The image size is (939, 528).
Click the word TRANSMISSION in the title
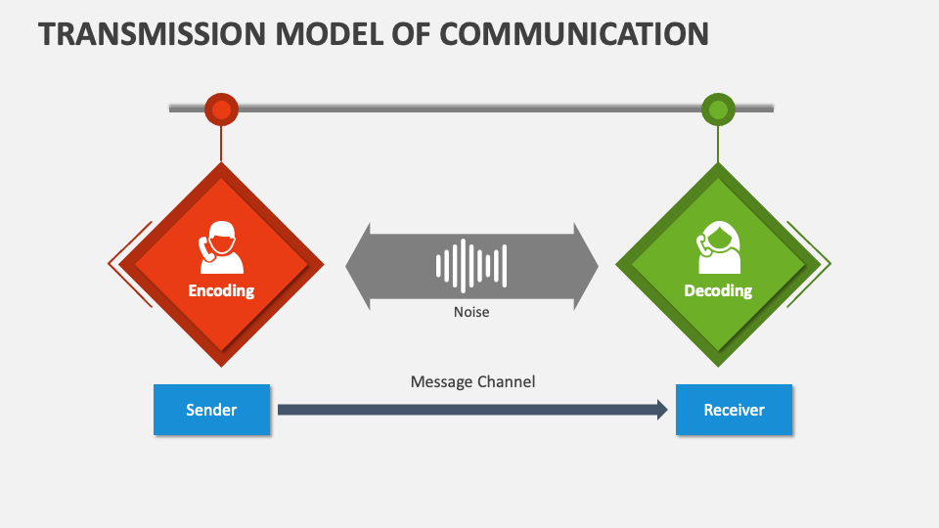pos(143,32)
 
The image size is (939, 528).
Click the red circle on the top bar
pos(221,110)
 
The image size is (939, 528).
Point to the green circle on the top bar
pos(718,110)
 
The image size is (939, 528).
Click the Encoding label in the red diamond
pos(221,290)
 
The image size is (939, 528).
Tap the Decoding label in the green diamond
pos(718,290)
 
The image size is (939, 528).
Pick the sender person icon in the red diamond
pos(221,248)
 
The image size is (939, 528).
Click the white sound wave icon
pos(471,265)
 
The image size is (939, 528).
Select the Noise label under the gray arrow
pos(471,312)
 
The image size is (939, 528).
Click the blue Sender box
pos(211,410)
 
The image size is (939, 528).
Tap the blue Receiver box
pos(734,410)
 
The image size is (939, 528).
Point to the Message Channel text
pos(472,381)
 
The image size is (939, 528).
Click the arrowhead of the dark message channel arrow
pos(660,410)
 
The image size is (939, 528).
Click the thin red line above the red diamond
pos(221,144)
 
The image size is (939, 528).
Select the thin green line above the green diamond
pos(718,144)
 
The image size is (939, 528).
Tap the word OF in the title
pos(413,32)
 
